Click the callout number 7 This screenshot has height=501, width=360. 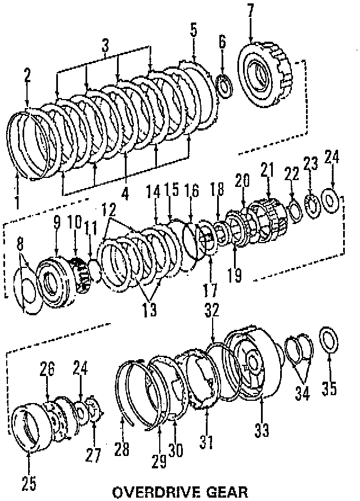(x=250, y=10)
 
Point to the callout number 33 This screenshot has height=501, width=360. (x=262, y=430)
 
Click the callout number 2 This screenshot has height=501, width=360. (x=28, y=75)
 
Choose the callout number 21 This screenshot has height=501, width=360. (x=267, y=168)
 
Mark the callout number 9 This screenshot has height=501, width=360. (x=57, y=222)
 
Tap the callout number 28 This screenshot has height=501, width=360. (x=121, y=449)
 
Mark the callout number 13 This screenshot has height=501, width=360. (x=149, y=309)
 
